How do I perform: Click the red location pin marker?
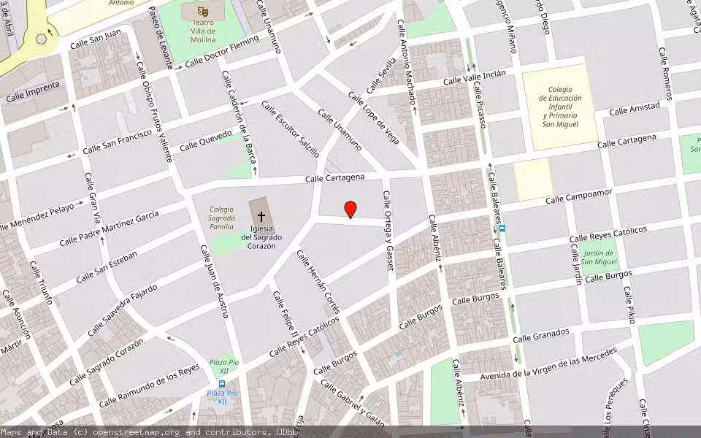(x=350, y=210)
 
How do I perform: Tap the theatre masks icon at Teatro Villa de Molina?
(x=204, y=11)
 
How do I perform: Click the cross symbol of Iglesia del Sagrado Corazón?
(x=261, y=217)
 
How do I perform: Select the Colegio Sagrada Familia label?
(x=222, y=218)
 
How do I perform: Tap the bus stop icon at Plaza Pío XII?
(x=222, y=384)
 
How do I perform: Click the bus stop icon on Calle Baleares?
(x=503, y=228)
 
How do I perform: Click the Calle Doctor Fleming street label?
(x=222, y=52)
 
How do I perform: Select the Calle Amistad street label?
(x=634, y=109)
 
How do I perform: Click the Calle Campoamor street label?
(x=578, y=195)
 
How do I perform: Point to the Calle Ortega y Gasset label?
(x=388, y=231)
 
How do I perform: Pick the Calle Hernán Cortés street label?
(x=318, y=281)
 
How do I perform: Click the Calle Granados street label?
(x=540, y=335)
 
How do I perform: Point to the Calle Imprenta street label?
(x=32, y=93)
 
